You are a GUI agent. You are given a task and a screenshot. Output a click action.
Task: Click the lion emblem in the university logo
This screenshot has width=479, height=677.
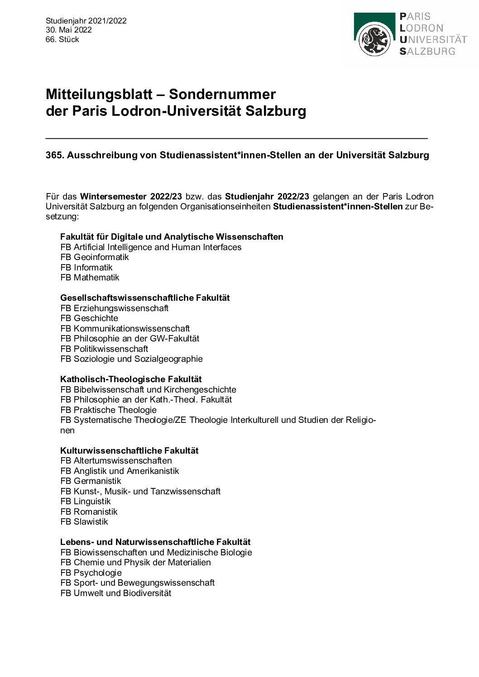375,40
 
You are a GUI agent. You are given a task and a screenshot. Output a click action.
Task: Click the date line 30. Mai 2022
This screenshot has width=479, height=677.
69,30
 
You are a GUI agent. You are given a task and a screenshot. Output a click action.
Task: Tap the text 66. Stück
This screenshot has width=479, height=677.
62,39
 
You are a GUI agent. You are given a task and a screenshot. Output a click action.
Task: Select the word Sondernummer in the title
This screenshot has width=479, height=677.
222,94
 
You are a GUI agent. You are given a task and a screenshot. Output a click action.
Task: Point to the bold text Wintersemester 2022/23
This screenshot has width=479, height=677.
131,196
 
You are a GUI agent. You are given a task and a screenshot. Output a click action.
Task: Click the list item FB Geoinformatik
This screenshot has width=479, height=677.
95,257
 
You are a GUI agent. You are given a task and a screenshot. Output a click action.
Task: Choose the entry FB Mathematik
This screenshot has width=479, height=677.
90,277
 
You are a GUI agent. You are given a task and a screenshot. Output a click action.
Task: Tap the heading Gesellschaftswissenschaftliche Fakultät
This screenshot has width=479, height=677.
145,298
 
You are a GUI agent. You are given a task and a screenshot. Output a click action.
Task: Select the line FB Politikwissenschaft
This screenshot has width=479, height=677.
104,349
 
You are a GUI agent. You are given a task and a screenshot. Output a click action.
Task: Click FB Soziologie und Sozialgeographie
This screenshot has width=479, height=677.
131,359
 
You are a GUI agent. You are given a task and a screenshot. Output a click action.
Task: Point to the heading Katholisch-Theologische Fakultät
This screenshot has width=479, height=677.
131,379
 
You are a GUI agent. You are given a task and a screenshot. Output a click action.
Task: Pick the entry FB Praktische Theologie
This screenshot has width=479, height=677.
108,410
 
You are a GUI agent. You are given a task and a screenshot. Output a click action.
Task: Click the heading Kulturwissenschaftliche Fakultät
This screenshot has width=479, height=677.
129,450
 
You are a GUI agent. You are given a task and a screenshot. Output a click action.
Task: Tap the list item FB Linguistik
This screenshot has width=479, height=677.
86,501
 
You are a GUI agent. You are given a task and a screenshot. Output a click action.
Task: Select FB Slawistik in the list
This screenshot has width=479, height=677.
84,521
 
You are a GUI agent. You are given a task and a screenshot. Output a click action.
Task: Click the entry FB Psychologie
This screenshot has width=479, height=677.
91,573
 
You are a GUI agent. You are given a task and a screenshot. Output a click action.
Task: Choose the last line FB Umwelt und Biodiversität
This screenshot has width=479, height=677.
116,593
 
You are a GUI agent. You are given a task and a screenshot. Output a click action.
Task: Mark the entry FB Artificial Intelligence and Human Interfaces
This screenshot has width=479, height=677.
151,247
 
